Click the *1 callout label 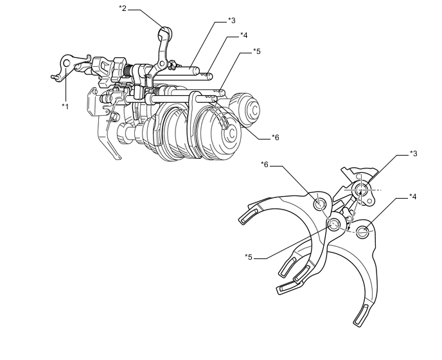pyautogui.click(x=64, y=105)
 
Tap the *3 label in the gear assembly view pyautogui.click(x=233, y=20)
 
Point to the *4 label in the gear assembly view pyautogui.click(x=244, y=35)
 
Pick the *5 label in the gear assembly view pyautogui.click(x=256, y=51)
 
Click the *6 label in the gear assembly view pyautogui.click(x=275, y=137)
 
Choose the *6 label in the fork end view pyautogui.click(x=265, y=165)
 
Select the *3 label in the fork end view pyautogui.click(x=414, y=154)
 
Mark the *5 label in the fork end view pyautogui.click(x=249, y=257)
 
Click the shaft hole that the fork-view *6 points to pyautogui.click(x=320, y=204)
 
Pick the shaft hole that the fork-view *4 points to pyautogui.click(x=364, y=231)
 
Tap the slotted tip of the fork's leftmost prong pyautogui.click(x=249, y=217)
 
